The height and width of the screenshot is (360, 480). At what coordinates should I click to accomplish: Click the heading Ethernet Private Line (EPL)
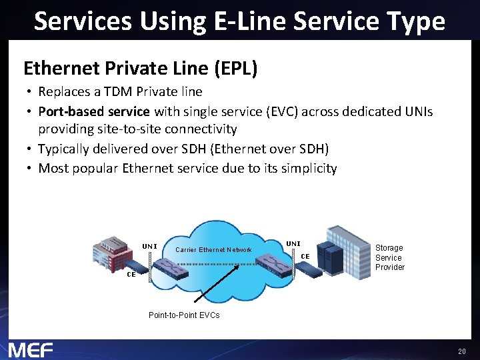coord(140,68)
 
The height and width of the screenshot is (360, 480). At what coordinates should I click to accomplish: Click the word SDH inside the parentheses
coord(313,149)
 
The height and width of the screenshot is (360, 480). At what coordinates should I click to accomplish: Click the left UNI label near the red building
coord(149,246)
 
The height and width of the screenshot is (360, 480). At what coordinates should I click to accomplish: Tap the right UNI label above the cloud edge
coord(293,244)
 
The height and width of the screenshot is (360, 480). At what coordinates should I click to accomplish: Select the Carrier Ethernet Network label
coord(213,250)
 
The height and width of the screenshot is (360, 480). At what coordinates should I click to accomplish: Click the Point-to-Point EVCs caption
coord(184,315)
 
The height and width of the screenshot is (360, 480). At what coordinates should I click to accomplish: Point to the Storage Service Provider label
coord(389,257)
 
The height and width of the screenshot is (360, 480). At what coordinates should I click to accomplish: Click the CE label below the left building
coord(131,274)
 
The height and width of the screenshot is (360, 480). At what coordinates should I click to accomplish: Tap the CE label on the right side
coord(305,255)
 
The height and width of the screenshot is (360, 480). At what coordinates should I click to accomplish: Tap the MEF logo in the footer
coord(31,349)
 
